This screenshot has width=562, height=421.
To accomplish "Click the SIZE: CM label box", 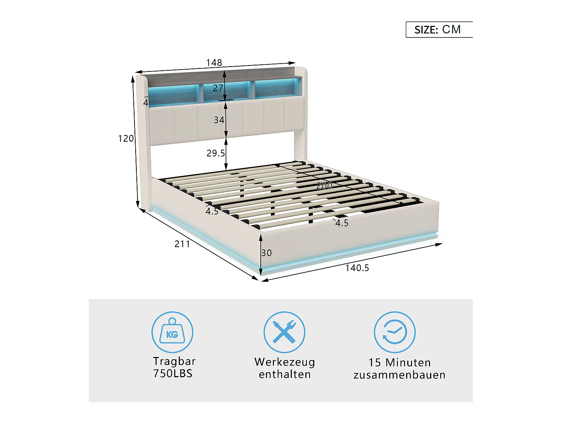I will (438, 30).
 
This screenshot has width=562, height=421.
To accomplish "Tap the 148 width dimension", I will (214, 62).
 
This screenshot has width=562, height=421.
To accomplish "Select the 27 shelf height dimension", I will (218, 88).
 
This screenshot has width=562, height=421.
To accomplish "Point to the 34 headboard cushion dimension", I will (219, 120).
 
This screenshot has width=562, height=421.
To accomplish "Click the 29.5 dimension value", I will (216, 153).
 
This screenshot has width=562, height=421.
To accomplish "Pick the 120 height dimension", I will (126, 138).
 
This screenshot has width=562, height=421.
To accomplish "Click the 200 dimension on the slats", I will (324, 186).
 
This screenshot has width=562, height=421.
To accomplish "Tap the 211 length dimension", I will (182, 244).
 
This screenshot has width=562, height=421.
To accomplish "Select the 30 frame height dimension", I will (267, 253).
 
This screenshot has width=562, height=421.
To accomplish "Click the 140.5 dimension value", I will (357, 268).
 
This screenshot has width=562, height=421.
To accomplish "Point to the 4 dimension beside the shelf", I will (146, 102).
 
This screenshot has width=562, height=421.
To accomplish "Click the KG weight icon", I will (172, 332).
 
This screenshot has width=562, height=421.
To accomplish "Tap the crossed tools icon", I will (284, 332).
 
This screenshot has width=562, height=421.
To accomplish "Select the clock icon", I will (395, 332).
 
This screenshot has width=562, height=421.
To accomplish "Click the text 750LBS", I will (173, 373).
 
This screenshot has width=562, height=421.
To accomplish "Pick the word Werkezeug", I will (285, 362).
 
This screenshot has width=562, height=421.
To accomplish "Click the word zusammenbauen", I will (399, 375).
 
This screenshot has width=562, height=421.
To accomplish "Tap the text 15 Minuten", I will (399, 362).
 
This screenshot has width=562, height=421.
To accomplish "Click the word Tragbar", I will (174, 361).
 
